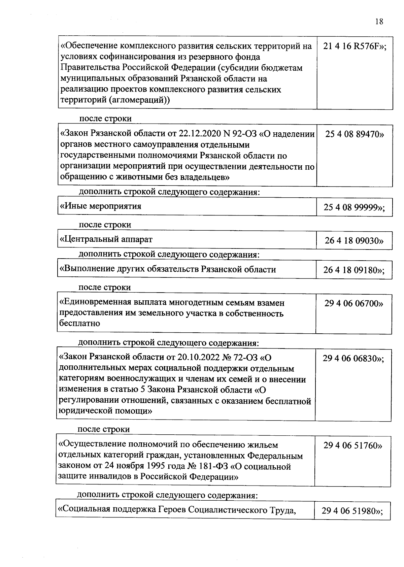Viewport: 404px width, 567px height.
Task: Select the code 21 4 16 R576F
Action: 355,46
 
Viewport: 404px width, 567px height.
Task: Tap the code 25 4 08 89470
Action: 354,134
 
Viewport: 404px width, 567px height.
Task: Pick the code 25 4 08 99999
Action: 354,207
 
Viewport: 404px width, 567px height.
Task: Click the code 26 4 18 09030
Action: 354,241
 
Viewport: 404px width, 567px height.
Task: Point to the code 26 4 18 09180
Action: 353,270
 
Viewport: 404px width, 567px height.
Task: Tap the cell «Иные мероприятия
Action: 101,206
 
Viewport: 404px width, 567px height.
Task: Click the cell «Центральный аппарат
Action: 106,239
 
